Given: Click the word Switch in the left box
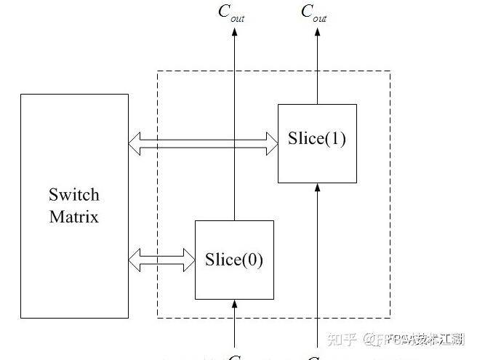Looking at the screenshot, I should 73,195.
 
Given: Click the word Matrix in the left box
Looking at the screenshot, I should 73,217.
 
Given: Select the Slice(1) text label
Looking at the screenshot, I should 316,139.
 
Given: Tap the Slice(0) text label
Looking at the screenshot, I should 233,259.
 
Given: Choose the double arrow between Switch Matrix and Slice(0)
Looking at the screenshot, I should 161,257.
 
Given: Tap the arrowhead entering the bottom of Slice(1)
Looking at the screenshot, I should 317,188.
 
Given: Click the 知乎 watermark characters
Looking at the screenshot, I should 341,339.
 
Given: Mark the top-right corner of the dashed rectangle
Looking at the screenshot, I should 390,71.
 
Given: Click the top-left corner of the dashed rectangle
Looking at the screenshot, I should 158,71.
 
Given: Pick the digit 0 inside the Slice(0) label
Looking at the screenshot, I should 252,259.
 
